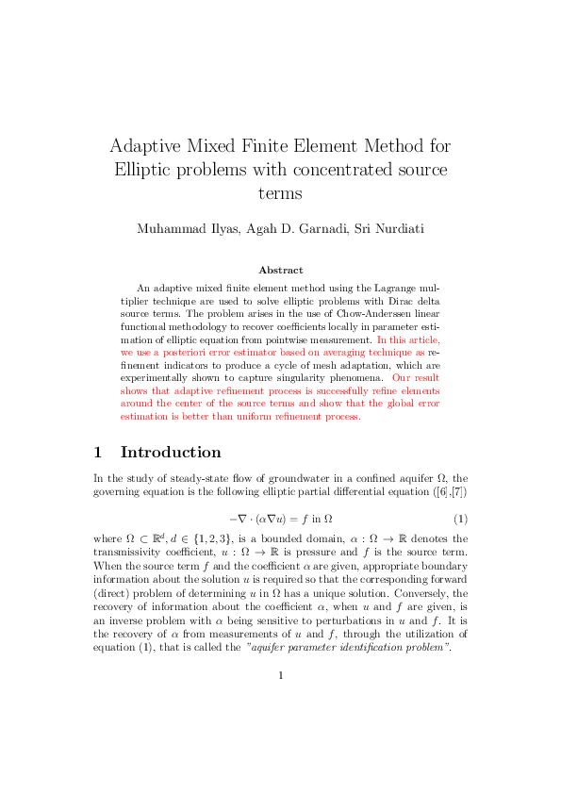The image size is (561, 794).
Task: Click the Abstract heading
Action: pyautogui.click(x=280, y=270)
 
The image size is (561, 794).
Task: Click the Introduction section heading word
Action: pyautogui.click(x=171, y=452)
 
